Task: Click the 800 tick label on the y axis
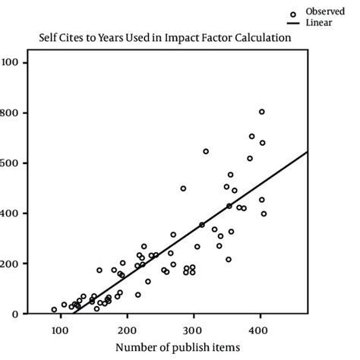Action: click(11, 112)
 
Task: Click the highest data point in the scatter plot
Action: click(261, 112)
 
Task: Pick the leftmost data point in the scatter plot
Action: click(54, 310)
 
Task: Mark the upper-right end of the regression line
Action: click(308, 151)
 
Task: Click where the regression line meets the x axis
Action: click(74, 314)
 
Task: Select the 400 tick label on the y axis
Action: click(11, 213)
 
